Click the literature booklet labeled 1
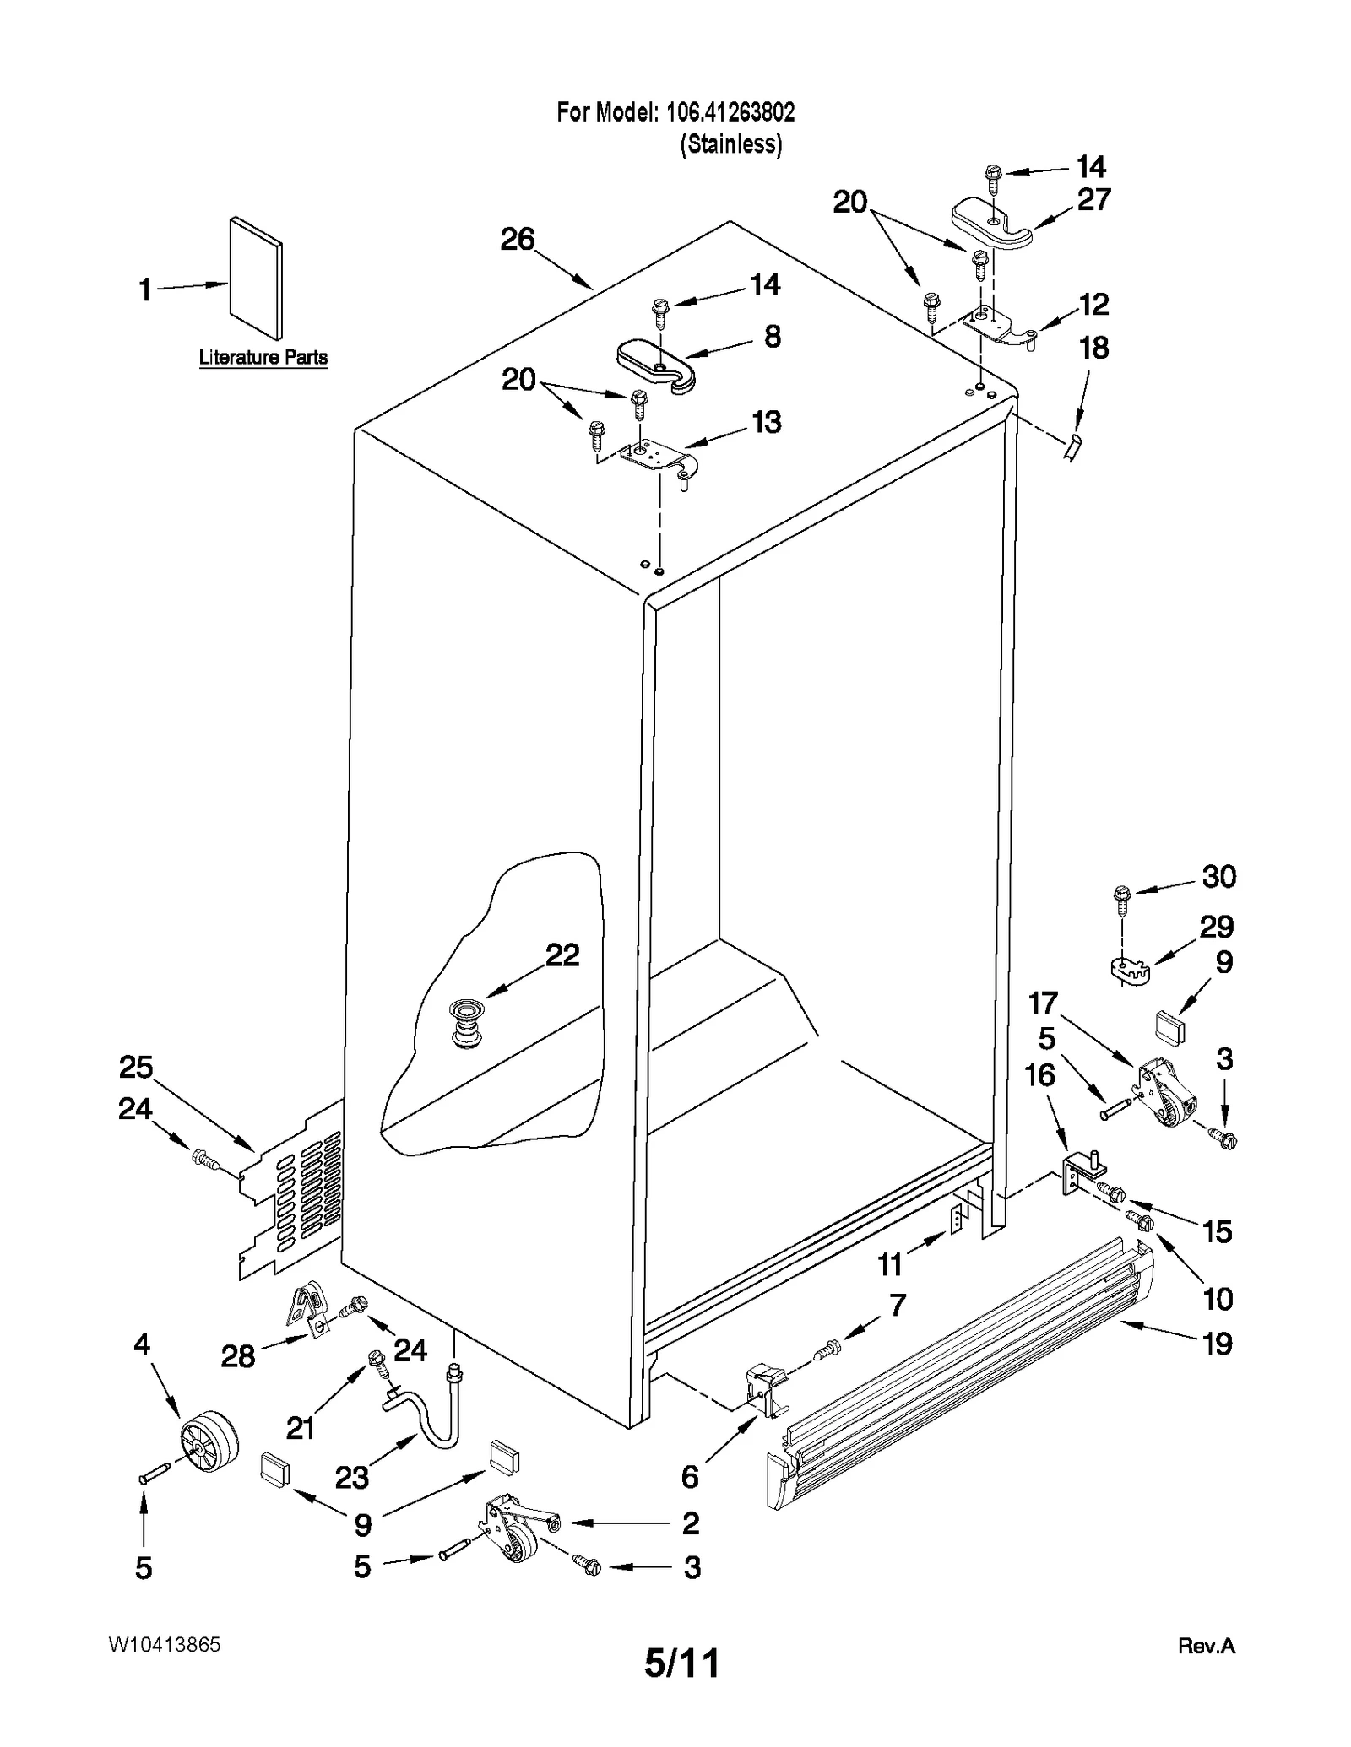coord(256,279)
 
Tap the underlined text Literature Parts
coord(263,358)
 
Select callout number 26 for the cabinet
coord(517,240)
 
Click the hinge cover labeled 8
coord(654,360)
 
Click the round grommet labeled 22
coord(465,1023)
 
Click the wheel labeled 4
coord(208,1445)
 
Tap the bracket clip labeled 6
coord(765,1390)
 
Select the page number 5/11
coord(681,1662)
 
